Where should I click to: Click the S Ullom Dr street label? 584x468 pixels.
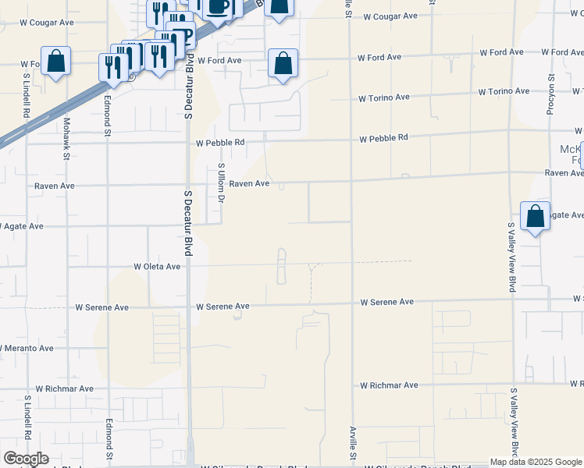(221, 183)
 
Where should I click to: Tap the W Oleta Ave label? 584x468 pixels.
(157, 266)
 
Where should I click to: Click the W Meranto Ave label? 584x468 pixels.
(27, 348)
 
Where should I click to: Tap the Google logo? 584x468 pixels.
(26, 459)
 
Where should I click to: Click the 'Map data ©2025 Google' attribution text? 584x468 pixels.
(536, 462)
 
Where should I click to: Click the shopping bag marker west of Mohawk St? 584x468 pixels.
(56, 61)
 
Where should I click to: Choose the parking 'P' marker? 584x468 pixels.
(183, 37)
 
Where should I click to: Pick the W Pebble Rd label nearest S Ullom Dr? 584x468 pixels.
(220, 143)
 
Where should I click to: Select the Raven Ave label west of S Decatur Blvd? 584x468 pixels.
(55, 186)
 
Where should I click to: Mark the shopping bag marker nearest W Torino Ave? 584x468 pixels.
(283, 64)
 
